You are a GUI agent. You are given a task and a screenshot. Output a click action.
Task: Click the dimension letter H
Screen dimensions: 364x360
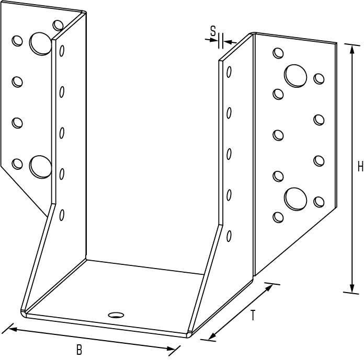pos(360,167)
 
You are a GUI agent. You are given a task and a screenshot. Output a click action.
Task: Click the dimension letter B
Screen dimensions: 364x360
pos(79,350)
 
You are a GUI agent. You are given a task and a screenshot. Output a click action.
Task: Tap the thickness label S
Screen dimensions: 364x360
pos(213,31)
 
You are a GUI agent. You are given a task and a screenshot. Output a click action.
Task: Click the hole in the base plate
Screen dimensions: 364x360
pos(116,315)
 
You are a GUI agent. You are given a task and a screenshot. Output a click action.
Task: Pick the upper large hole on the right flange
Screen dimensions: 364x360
pos(295,76)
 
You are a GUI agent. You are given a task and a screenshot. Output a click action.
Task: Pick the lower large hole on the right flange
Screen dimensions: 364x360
pos(295,199)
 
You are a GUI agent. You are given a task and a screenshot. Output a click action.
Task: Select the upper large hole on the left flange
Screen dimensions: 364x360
pos(40,43)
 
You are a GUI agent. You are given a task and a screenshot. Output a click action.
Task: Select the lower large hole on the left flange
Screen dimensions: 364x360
pos(40,167)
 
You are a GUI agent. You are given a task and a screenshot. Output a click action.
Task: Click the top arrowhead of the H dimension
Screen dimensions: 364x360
pos(352,49)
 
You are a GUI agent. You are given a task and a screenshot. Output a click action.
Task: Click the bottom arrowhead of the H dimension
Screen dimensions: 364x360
pos(352,288)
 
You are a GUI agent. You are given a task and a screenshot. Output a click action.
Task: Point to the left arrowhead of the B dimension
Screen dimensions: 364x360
pos(13,329)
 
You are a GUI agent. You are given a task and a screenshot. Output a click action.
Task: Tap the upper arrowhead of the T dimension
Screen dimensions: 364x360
pos(269,287)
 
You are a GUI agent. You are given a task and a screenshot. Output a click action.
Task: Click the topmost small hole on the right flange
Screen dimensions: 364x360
pos(278,53)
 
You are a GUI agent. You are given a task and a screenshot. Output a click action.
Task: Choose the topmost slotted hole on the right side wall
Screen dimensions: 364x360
pos(229,72)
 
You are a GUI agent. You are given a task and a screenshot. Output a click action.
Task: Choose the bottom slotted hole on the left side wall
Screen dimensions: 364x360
pos(62,215)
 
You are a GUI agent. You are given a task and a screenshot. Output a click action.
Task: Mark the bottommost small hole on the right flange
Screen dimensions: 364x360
pos(278,217)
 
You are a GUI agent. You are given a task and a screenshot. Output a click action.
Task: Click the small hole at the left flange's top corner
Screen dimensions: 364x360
pos(58,25)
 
